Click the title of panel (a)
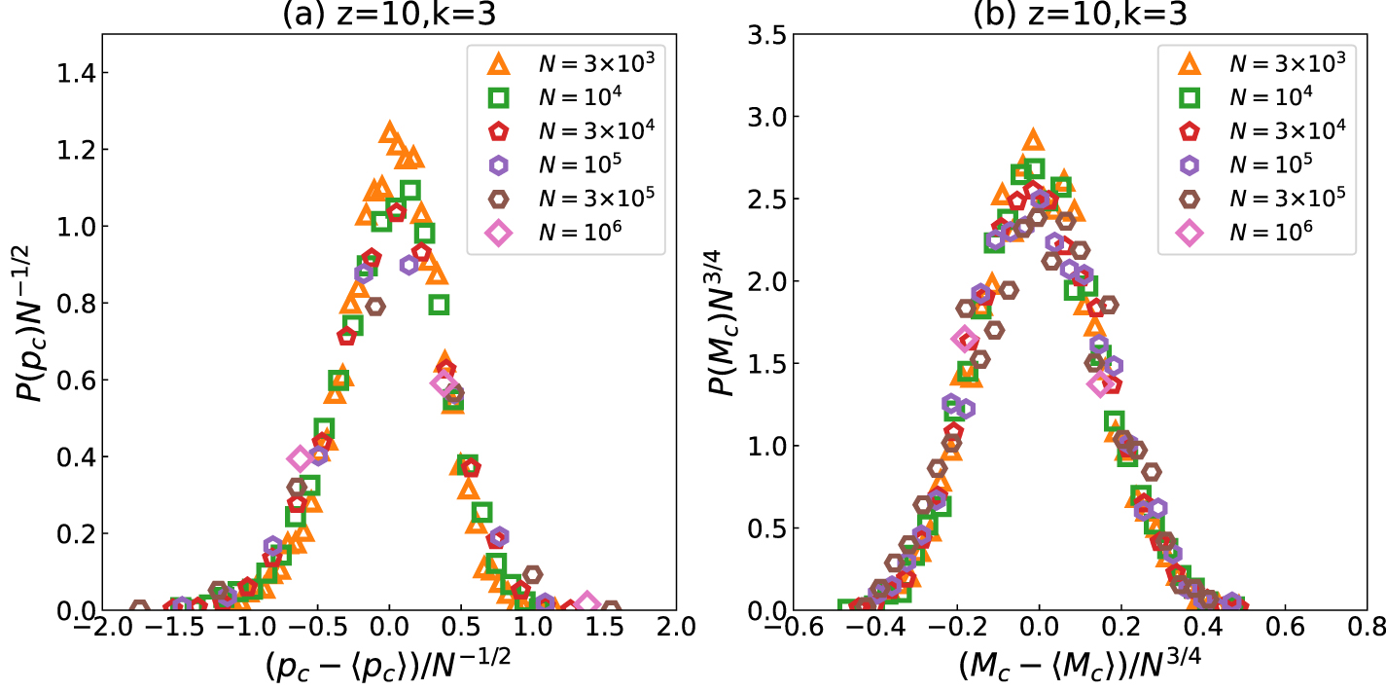click(388, 14)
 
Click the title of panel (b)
click(1038, 14)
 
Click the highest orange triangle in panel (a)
click(390, 131)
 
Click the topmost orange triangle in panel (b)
click(1032, 140)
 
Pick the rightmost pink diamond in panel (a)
click(586, 603)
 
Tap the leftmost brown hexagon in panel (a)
click(139, 609)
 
